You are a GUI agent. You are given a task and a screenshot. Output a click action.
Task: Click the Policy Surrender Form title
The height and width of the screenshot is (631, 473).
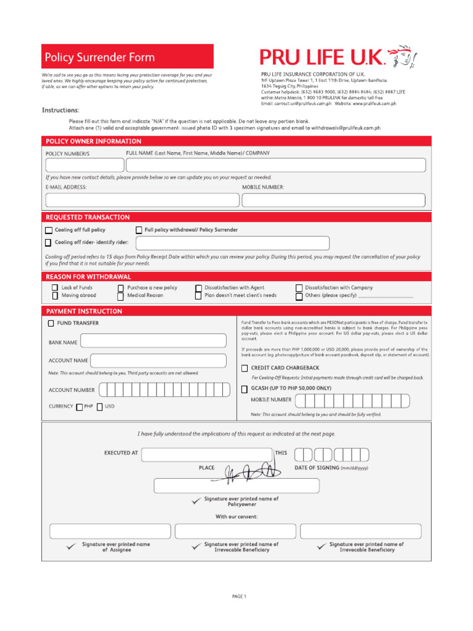coord(100,57)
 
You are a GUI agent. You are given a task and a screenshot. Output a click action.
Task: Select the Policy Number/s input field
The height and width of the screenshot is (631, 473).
coord(84,165)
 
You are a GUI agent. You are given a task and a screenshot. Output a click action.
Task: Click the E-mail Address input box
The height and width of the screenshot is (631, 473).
coord(142,200)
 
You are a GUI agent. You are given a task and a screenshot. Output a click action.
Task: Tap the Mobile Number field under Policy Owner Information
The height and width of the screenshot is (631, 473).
coord(333,200)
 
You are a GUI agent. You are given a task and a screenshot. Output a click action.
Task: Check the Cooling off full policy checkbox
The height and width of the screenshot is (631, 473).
coord(49,230)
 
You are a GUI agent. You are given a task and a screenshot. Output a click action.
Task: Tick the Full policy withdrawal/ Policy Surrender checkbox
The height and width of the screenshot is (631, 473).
coord(139,230)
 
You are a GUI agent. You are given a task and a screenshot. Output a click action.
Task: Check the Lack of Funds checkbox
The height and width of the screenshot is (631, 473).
coord(55,288)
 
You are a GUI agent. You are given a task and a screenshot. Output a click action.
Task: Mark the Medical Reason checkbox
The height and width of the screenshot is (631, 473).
coord(121,296)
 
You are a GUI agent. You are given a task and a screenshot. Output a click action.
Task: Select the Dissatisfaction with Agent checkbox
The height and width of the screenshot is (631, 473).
coord(198,288)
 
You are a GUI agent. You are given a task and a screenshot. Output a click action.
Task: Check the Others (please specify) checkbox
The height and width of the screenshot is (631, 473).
coord(299,296)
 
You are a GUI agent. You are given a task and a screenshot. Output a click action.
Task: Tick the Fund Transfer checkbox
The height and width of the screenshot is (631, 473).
coord(51,323)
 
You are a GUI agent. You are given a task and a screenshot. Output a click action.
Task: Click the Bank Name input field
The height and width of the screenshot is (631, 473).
coord(153,341)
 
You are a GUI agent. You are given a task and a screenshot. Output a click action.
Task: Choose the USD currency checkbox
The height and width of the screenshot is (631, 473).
coord(100,407)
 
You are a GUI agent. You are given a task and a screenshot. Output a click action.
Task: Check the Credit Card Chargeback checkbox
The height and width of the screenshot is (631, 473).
coord(245,368)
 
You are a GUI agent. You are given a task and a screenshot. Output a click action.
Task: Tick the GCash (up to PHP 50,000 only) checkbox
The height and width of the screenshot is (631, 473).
coord(245,388)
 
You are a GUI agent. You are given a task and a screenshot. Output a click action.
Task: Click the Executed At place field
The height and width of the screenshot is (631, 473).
coord(206,455)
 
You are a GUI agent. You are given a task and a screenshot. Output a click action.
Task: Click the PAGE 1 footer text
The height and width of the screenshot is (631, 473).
coord(239,596)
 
